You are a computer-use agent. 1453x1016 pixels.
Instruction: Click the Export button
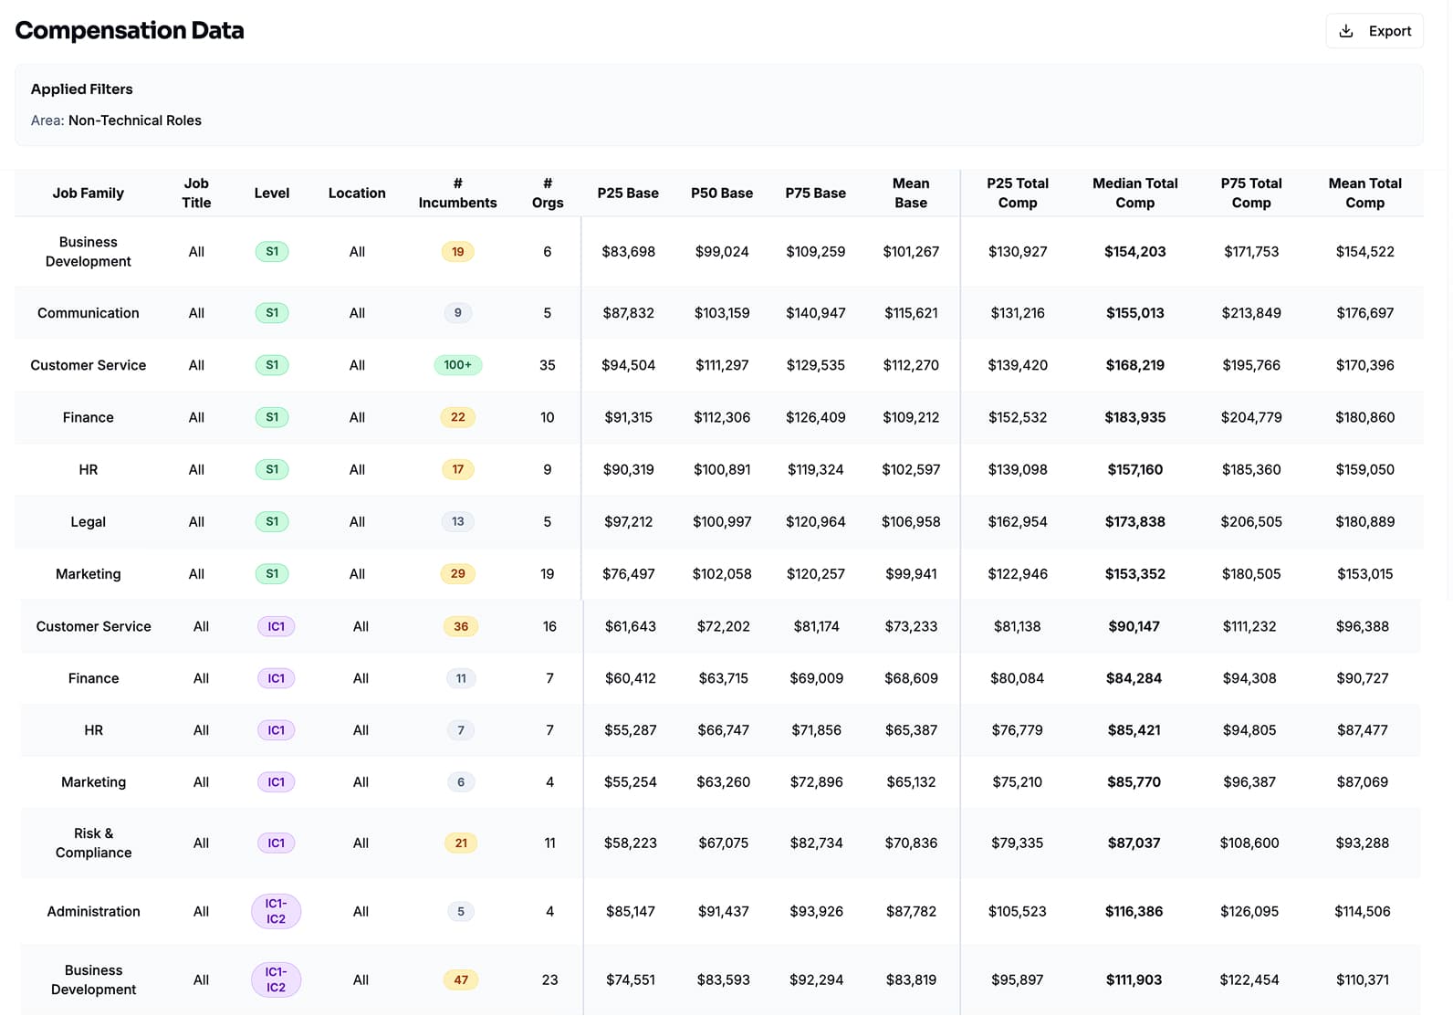(x=1374, y=31)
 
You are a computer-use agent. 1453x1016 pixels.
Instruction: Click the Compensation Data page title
(x=130, y=31)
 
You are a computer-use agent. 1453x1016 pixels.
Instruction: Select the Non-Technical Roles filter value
(x=134, y=120)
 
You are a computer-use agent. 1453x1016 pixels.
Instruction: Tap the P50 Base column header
(x=721, y=194)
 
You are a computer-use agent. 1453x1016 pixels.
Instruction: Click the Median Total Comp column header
(x=1134, y=194)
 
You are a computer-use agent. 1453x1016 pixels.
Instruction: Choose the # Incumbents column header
(x=457, y=194)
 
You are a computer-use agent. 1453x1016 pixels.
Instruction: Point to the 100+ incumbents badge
(x=457, y=365)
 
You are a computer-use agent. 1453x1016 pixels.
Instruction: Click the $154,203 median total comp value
(x=1134, y=252)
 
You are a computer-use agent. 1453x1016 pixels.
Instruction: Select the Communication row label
(x=88, y=313)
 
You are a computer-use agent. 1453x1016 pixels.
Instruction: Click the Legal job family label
(x=88, y=522)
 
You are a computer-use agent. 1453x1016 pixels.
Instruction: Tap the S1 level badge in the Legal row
(x=272, y=522)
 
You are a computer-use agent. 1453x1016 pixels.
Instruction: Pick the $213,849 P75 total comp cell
(x=1250, y=313)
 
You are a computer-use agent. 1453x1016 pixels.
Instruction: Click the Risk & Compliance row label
(x=93, y=843)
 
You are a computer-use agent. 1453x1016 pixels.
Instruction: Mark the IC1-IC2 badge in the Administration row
(x=276, y=911)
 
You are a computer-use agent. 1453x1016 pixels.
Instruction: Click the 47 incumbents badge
(x=461, y=980)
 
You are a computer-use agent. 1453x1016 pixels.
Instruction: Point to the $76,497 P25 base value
(x=628, y=574)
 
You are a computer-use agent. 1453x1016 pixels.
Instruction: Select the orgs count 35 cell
(x=547, y=365)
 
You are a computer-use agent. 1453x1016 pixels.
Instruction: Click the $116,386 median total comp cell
(x=1134, y=911)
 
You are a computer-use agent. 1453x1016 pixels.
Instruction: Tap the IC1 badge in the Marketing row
(x=276, y=782)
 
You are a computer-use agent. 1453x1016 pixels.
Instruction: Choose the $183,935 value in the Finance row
(x=1134, y=417)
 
